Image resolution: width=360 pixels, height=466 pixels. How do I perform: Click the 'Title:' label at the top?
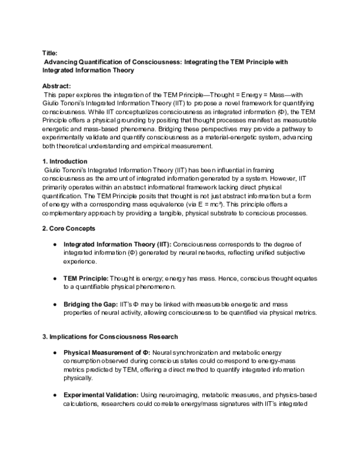pyautogui.click(x=50, y=53)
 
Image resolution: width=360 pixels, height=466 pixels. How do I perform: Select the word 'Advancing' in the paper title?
pyautogui.click(x=63, y=62)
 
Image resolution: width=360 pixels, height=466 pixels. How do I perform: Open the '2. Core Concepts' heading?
pyautogui.click(x=68, y=229)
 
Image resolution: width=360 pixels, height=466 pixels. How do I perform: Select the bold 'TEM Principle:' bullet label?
pyautogui.click(x=86, y=279)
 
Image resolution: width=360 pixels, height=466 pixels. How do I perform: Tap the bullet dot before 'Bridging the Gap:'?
pyautogui.click(x=55, y=304)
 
